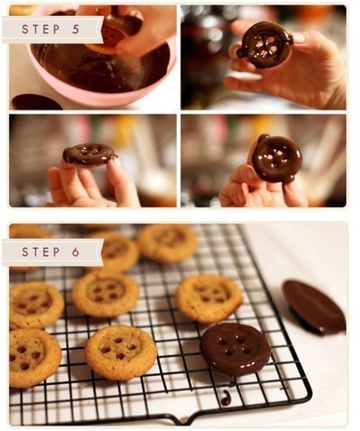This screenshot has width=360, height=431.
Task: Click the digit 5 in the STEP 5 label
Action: click(x=75, y=30)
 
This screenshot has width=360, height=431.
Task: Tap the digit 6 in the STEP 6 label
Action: click(x=75, y=252)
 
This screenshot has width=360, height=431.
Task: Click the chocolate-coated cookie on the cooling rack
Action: click(x=235, y=349)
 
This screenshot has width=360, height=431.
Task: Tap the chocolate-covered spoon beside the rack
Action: click(x=314, y=307)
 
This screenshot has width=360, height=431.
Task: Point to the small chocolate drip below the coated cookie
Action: click(x=226, y=398)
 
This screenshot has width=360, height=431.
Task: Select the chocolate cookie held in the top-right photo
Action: click(x=264, y=45)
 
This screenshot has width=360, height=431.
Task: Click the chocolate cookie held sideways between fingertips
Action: click(x=89, y=154)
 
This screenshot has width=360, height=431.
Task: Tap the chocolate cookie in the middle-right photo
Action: click(x=276, y=158)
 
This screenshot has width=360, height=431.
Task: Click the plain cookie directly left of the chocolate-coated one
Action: click(x=121, y=353)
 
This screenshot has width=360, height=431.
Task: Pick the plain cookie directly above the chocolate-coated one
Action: click(x=209, y=299)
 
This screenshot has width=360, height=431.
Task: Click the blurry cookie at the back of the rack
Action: click(x=167, y=243)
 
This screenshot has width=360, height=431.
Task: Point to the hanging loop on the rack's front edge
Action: click(x=182, y=418)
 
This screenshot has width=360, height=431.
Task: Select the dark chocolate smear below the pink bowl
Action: click(x=37, y=101)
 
